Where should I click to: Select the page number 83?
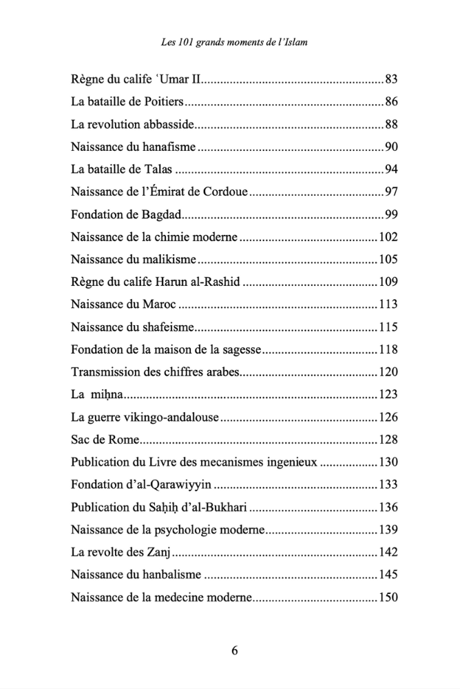(392, 79)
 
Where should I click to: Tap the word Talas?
(157, 169)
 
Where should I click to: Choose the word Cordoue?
(224, 192)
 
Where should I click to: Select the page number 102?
(389, 236)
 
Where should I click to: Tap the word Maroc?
(158, 304)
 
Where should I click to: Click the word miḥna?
(107, 395)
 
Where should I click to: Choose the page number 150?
(389, 596)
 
